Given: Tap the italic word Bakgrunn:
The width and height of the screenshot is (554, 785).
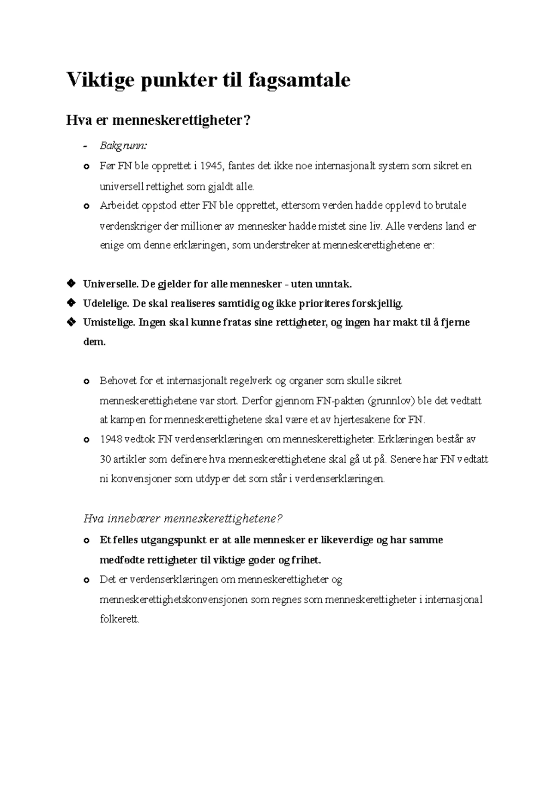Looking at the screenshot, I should click(123, 146).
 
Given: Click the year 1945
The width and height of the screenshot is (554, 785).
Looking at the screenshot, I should click(214, 166).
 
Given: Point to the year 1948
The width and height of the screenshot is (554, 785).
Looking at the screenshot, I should click(110, 439).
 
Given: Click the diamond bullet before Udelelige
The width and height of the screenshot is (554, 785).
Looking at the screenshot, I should click(71, 303).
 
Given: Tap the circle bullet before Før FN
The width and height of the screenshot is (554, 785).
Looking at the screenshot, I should click(86, 167).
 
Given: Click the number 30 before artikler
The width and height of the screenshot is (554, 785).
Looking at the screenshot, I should click(105, 460).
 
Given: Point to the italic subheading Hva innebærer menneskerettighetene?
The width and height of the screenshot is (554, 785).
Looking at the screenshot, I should click(182, 519).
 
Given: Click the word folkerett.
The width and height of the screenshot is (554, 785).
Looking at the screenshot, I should click(119, 619).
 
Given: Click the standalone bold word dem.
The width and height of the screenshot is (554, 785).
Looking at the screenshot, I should click(94, 343).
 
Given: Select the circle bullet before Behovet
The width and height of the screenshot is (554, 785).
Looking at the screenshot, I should click(86, 382).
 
